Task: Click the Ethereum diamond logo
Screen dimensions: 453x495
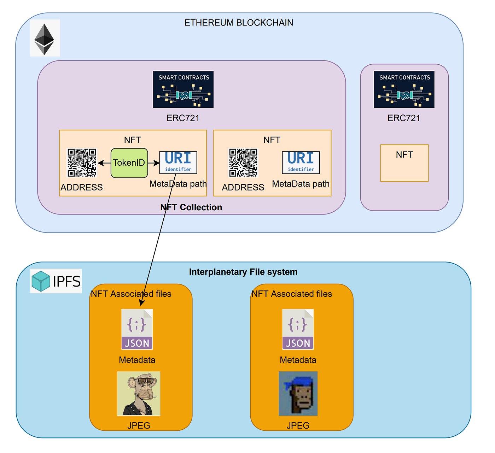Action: pyautogui.click(x=45, y=38)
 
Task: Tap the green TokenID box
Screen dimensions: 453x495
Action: pyautogui.click(x=129, y=163)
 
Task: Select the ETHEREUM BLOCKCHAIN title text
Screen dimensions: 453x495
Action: pyautogui.click(x=239, y=23)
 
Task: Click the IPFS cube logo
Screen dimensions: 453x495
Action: pyautogui.click(x=41, y=281)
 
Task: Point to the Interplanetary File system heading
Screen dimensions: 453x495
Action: pyautogui.click(x=243, y=272)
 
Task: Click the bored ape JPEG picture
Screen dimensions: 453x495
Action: pyautogui.click(x=139, y=393)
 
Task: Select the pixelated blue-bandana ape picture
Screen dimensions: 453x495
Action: pyautogui.click(x=298, y=393)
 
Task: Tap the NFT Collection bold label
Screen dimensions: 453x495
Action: pyautogui.click(x=191, y=207)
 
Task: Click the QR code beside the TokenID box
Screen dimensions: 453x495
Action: pyautogui.click(x=82, y=163)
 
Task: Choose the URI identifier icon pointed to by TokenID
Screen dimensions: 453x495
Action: pyautogui.click(x=178, y=163)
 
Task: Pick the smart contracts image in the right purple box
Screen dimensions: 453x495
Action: pyautogui.click(x=404, y=89)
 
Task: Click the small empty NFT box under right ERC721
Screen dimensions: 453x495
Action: pyautogui.click(x=404, y=163)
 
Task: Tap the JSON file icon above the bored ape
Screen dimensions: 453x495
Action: pyautogui.click(x=137, y=329)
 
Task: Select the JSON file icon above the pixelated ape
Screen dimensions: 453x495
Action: pyautogui.click(x=298, y=329)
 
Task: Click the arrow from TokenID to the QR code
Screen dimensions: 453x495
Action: pyautogui.click(x=104, y=163)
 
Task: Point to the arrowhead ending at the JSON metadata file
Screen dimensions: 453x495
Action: pyautogui.click(x=141, y=303)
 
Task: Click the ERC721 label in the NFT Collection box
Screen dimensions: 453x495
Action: pyautogui.click(x=183, y=118)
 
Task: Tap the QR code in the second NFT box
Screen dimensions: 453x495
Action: pyautogui.click(x=243, y=163)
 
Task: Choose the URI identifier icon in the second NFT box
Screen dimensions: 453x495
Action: pyautogui.click(x=301, y=163)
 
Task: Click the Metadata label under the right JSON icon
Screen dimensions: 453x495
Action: pyautogui.click(x=298, y=360)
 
